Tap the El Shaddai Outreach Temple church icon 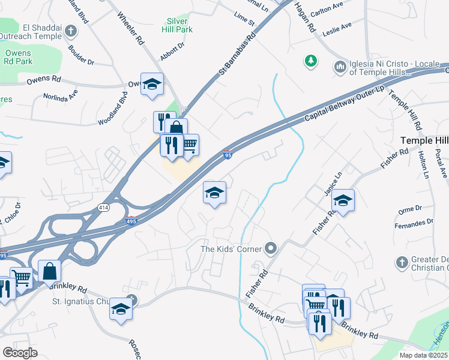tap(71, 31)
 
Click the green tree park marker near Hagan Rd tap(310, 60)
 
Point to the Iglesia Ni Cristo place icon tap(340, 65)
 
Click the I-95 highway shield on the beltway tap(228, 155)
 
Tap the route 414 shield tap(104, 207)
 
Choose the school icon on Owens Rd tap(152, 84)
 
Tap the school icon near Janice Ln tap(343, 200)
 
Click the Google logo tap(20, 353)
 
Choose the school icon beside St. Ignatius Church tap(121, 309)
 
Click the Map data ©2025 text tap(423, 355)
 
